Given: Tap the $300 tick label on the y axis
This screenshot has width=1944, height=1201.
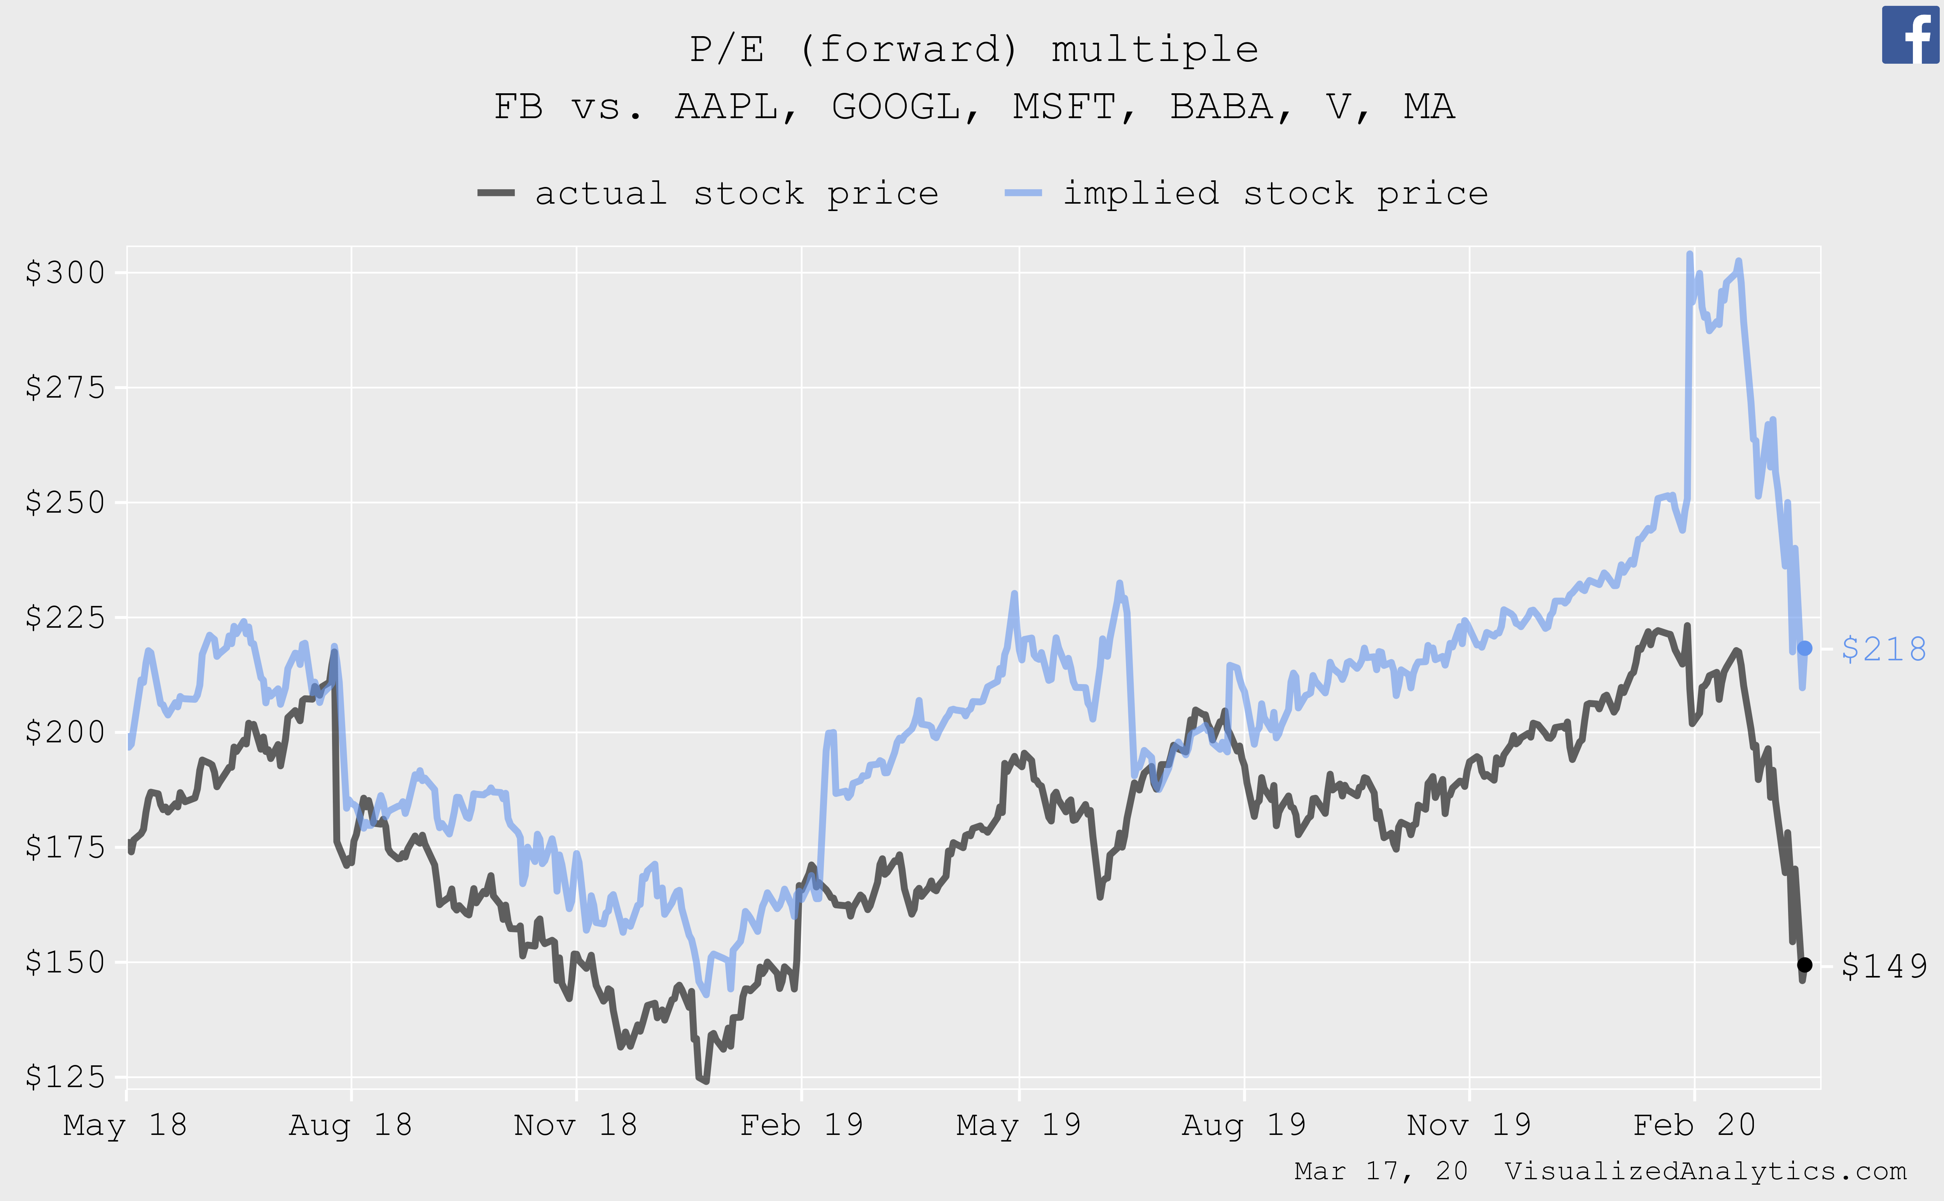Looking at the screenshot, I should (65, 273).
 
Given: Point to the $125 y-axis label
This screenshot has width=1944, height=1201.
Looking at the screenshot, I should (65, 1077).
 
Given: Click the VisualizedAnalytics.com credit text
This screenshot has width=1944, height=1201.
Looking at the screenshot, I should (1705, 1171).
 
